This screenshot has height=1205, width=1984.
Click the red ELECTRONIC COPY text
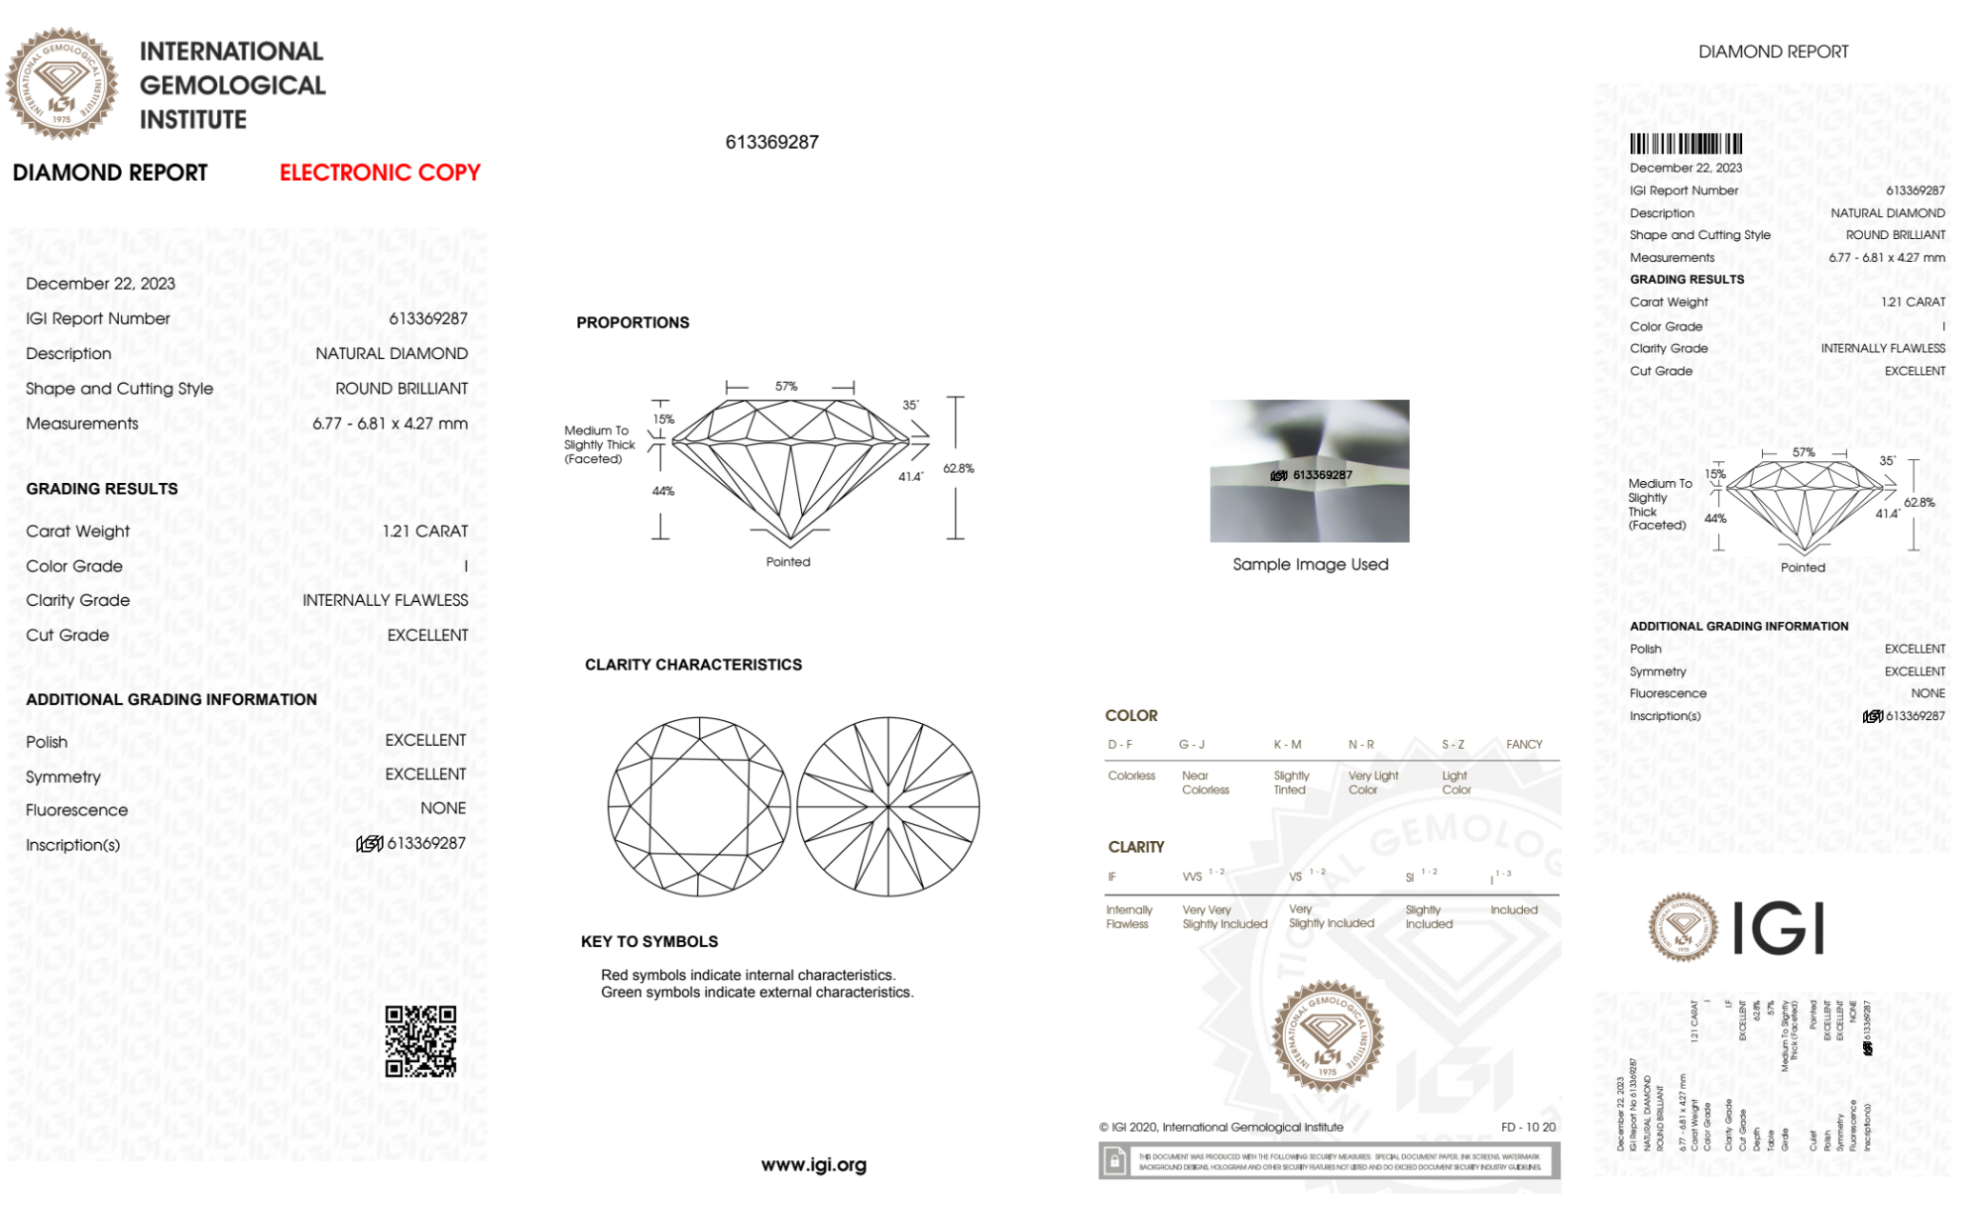(x=380, y=173)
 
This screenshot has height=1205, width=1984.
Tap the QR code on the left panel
(x=420, y=1041)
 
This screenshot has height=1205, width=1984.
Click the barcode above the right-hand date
(x=1686, y=144)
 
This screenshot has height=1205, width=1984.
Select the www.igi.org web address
(x=813, y=1164)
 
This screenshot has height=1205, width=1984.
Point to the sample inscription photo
(x=1309, y=471)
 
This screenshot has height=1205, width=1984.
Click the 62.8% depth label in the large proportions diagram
(x=959, y=468)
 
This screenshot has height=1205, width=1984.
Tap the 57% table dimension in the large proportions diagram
(x=786, y=386)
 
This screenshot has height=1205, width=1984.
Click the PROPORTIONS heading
(x=633, y=322)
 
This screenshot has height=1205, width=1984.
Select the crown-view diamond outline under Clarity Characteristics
(x=699, y=806)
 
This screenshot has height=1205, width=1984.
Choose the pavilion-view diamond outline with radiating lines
(x=888, y=806)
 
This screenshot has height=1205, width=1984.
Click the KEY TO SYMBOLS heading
(x=649, y=941)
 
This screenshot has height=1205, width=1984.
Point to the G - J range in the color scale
(x=1192, y=744)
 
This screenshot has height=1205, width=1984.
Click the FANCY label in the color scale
(x=1524, y=744)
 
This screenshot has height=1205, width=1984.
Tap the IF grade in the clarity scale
(x=1112, y=877)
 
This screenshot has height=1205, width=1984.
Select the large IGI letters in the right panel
(x=1779, y=928)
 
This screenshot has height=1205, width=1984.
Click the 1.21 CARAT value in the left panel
(x=425, y=532)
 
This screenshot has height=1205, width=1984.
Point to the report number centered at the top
(x=772, y=142)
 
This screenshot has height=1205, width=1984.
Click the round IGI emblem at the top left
(x=61, y=83)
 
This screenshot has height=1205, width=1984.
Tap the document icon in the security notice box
(x=1114, y=1160)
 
